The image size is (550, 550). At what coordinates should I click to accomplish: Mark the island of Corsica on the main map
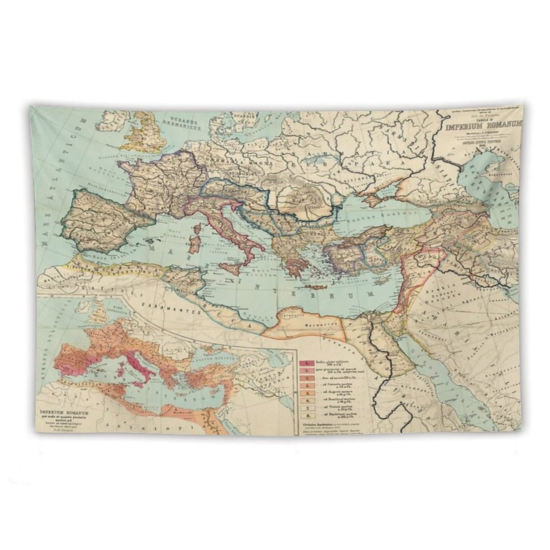pos(197,230)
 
